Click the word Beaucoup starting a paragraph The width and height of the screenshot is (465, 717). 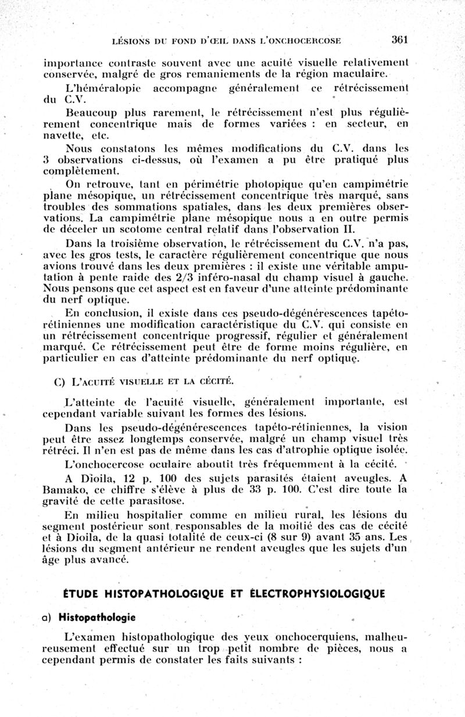tap(90, 112)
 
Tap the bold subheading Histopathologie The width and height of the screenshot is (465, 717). tap(97, 616)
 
